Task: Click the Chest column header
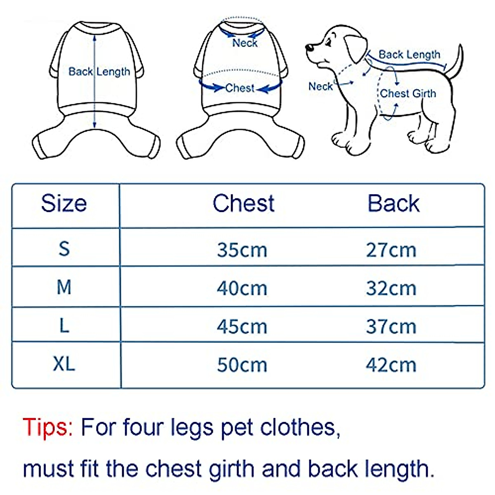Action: coord(243,203)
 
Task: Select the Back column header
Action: coord(393,203)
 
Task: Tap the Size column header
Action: coord(64,203)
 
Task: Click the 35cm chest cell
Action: coord(242,250)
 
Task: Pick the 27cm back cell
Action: coord(391,250)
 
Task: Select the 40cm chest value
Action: coord(242,288)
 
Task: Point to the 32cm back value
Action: coord(391,288)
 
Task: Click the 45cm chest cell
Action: coord(242,327)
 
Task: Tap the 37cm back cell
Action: coord(391,327)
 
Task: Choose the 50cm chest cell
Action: coord(242,365)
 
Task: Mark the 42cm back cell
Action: coord(391,365)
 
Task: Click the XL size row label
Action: coord(64,364)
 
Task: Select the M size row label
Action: coord(64,287)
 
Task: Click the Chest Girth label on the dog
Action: coord(408,94)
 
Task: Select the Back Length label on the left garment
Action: coord(99,72)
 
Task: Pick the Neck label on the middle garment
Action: coord(245,43)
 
